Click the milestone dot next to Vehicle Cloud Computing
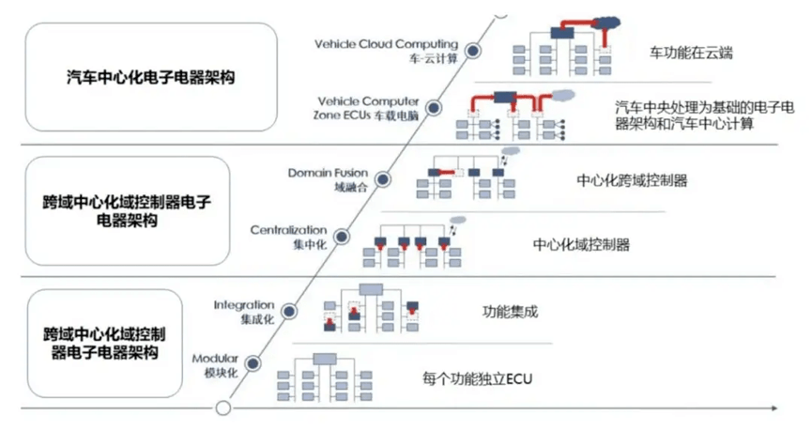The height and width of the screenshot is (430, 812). [472, 51]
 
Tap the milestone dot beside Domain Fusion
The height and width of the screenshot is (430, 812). [383, 179]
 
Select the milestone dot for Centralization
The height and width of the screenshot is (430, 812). [342, 237]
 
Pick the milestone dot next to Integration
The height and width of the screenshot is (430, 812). [289, 312]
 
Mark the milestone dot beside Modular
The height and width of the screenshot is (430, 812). [253, 363]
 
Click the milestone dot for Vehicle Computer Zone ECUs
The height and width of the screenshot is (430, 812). [434, 108]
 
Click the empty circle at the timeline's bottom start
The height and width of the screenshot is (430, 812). [223, 408]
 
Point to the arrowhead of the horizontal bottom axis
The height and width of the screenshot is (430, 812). [774, 408]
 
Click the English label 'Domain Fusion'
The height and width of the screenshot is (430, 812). [328, 173]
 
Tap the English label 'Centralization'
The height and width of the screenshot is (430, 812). [288, 230]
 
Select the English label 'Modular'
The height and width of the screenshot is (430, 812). [215, 359]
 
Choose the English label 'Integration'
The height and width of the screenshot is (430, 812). [244, 305]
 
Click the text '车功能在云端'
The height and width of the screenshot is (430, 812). [691, 53]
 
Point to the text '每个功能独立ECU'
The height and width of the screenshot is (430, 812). [477, 378]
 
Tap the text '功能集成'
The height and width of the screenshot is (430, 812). [510, 312]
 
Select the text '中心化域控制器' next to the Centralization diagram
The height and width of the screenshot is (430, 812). [581, 244]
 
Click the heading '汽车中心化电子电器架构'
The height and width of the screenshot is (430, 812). [151, 77]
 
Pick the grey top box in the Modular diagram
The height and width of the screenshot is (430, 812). [325, 359]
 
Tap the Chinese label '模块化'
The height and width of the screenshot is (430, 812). [222, 373]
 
